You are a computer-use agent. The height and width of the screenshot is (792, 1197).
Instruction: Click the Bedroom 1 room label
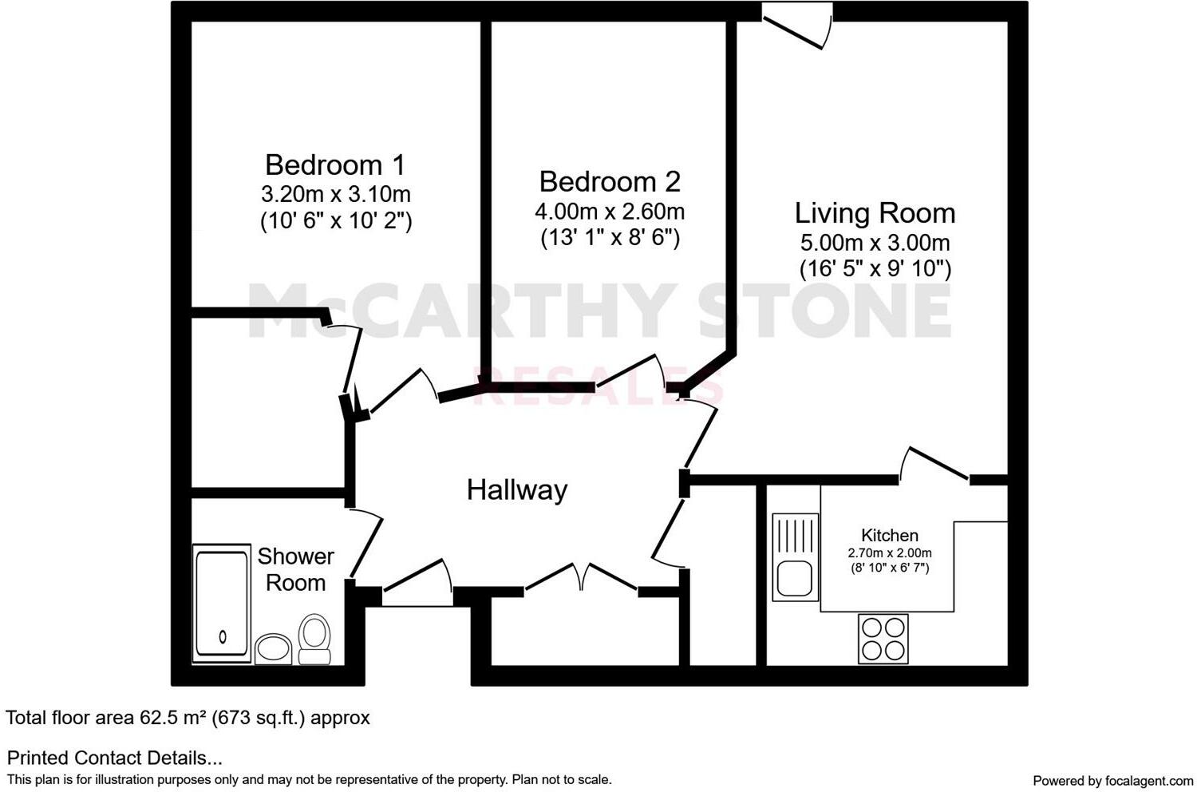pos(335,165)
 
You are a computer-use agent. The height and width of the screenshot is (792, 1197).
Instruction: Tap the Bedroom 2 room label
pos(610,182)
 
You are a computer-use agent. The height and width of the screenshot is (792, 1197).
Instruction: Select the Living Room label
pos(875,213)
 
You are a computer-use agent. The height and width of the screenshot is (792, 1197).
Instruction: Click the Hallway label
pos(517,489)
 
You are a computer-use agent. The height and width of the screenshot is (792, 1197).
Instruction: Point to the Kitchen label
pos(889,536)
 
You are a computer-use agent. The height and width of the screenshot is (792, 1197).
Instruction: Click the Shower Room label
pos(295,569)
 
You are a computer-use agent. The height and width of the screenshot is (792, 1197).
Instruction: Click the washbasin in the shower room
pos(274,647)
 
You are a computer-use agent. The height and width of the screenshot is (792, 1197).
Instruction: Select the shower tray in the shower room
pos(222,604)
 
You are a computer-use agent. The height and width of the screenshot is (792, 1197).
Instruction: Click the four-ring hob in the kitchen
pos(883,639)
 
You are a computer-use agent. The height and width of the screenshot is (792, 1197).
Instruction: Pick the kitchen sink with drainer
pos(795,557)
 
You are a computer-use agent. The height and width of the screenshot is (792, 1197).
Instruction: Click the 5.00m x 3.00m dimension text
pos(875,243)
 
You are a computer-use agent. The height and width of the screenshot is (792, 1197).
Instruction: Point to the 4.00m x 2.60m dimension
pos(610,212)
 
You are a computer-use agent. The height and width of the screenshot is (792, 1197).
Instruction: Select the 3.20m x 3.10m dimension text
pos(335,194)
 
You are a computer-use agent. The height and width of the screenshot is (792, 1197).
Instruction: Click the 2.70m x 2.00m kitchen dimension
pos(889,552)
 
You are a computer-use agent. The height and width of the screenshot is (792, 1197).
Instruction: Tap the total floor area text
pos(188,718)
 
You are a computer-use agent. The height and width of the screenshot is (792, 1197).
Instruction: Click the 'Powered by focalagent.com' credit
pos(1112,780)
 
